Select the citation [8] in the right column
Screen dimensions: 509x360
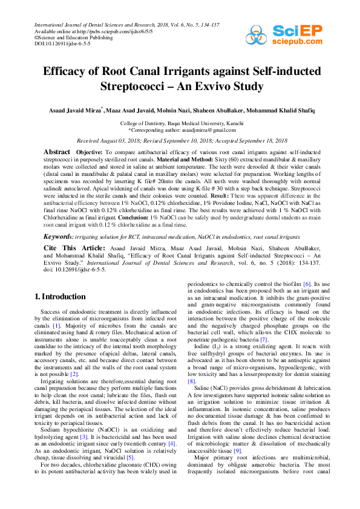point(191,381)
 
